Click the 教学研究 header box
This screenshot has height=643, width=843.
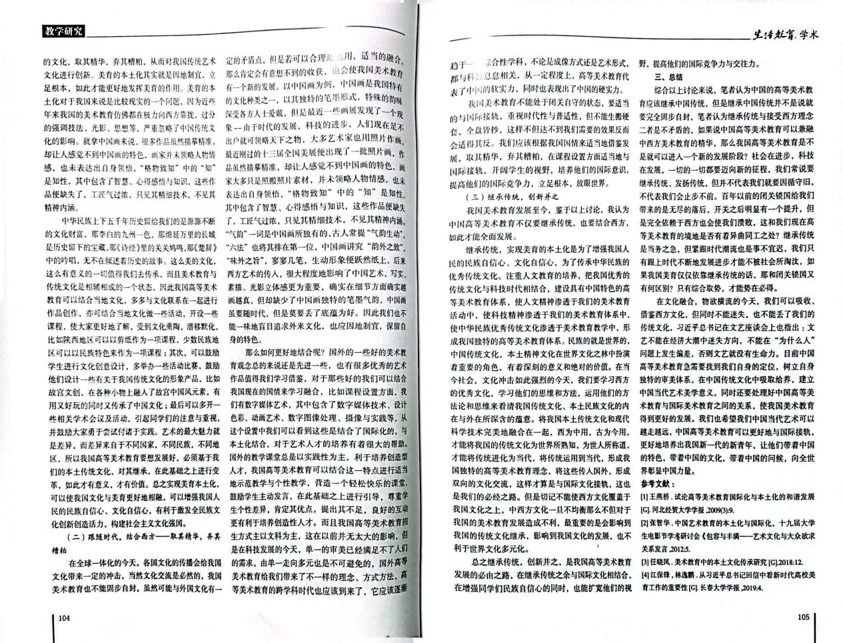[63, 31]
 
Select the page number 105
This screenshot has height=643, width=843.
[802, 616]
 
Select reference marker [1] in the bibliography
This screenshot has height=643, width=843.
[644, 497]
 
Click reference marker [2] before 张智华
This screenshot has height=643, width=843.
[644, 522]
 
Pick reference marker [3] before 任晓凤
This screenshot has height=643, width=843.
[644, 562]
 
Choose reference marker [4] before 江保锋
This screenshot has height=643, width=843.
[644, 575]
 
